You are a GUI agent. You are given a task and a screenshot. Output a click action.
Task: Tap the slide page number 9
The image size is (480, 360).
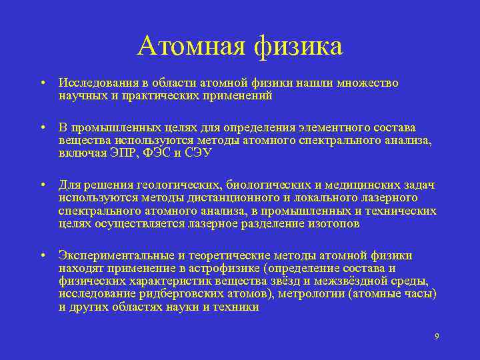pyautogui.click(x=437, y=336)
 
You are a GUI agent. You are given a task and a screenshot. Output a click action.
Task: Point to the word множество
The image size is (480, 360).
pyautogui.click(x=369, y=83)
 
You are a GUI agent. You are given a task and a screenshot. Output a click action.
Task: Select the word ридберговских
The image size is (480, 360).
pyautogui.click(x=168, y=294)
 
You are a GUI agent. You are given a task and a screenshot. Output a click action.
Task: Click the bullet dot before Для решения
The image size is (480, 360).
pyautogui.click(x=41, y=185)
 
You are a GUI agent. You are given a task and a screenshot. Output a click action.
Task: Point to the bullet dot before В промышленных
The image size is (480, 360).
pyautogui.click(x=41, y=128)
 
